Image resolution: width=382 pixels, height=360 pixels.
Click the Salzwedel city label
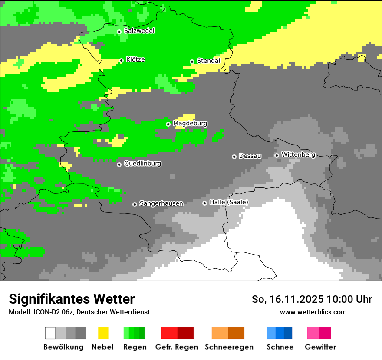click(139, 31)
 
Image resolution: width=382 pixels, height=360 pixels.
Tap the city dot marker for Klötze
click(121, 60)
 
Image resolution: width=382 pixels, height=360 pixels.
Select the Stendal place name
click(208, 61)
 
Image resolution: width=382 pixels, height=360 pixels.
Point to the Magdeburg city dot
click(168, 124)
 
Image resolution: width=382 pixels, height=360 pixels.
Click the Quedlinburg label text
click(142, 164)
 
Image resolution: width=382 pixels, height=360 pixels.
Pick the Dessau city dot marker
click(234, 157)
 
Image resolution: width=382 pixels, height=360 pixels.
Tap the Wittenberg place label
click(298, 154)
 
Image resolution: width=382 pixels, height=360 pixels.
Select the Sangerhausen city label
click(161, 203)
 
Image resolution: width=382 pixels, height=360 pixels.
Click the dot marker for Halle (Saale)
click(204, 203)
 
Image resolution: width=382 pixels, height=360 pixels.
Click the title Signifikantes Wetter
click(72, 299)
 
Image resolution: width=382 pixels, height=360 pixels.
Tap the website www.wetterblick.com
click(313, 312)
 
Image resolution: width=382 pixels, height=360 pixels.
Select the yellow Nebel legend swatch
click(103, 333)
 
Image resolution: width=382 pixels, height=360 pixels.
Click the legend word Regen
click(135, 347)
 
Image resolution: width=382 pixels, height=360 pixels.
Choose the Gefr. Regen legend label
click(177, 347)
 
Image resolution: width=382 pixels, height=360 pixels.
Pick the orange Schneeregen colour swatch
click(228, 333)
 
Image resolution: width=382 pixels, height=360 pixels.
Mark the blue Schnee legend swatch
click(280, 333)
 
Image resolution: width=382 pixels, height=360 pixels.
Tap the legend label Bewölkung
click(63, 347)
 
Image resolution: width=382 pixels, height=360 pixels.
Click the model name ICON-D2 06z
click(51, 312)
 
